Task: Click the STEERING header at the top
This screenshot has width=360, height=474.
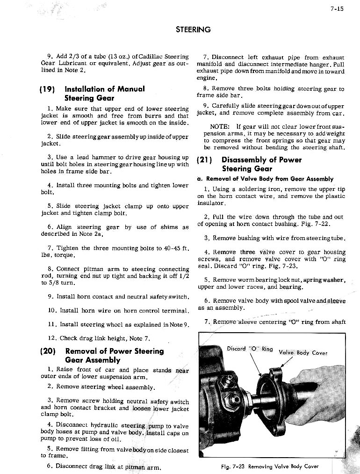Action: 193,29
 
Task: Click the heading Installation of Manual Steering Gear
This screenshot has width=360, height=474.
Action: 105,94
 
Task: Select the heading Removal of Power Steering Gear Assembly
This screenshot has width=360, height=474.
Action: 114,356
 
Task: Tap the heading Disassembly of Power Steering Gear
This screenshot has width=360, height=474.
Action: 261,164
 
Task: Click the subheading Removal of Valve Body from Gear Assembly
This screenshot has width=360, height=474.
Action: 265,179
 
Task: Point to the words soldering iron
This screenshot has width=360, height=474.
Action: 248,189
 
